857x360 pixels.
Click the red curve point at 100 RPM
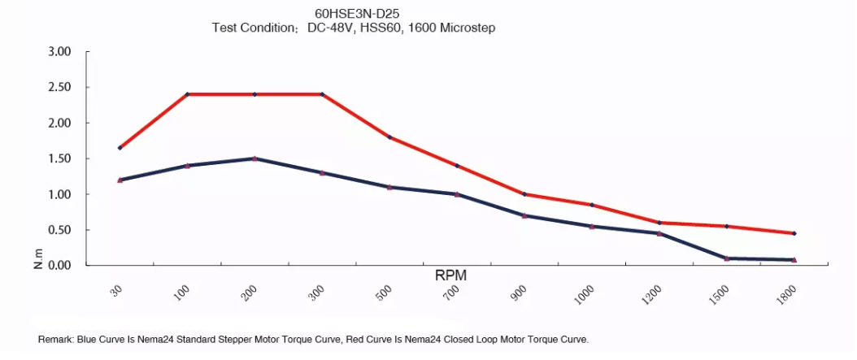pos(187,94)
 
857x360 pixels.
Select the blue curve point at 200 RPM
pos(254,158)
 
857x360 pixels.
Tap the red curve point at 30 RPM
pos(120,148)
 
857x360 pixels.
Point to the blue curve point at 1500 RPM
pos(726,258)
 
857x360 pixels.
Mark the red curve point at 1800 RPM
pos(794,233)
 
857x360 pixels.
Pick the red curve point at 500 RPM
pos(389,137)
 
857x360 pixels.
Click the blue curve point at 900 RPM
pos(524,215)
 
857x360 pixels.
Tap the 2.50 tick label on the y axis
pos(60,87)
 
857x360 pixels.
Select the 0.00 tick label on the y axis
pos(60,266)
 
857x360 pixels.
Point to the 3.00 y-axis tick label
pos(60,51)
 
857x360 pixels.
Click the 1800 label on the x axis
pos(786,297)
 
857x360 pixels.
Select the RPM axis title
pos(450,275)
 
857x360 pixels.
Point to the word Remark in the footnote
pos(56,339)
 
